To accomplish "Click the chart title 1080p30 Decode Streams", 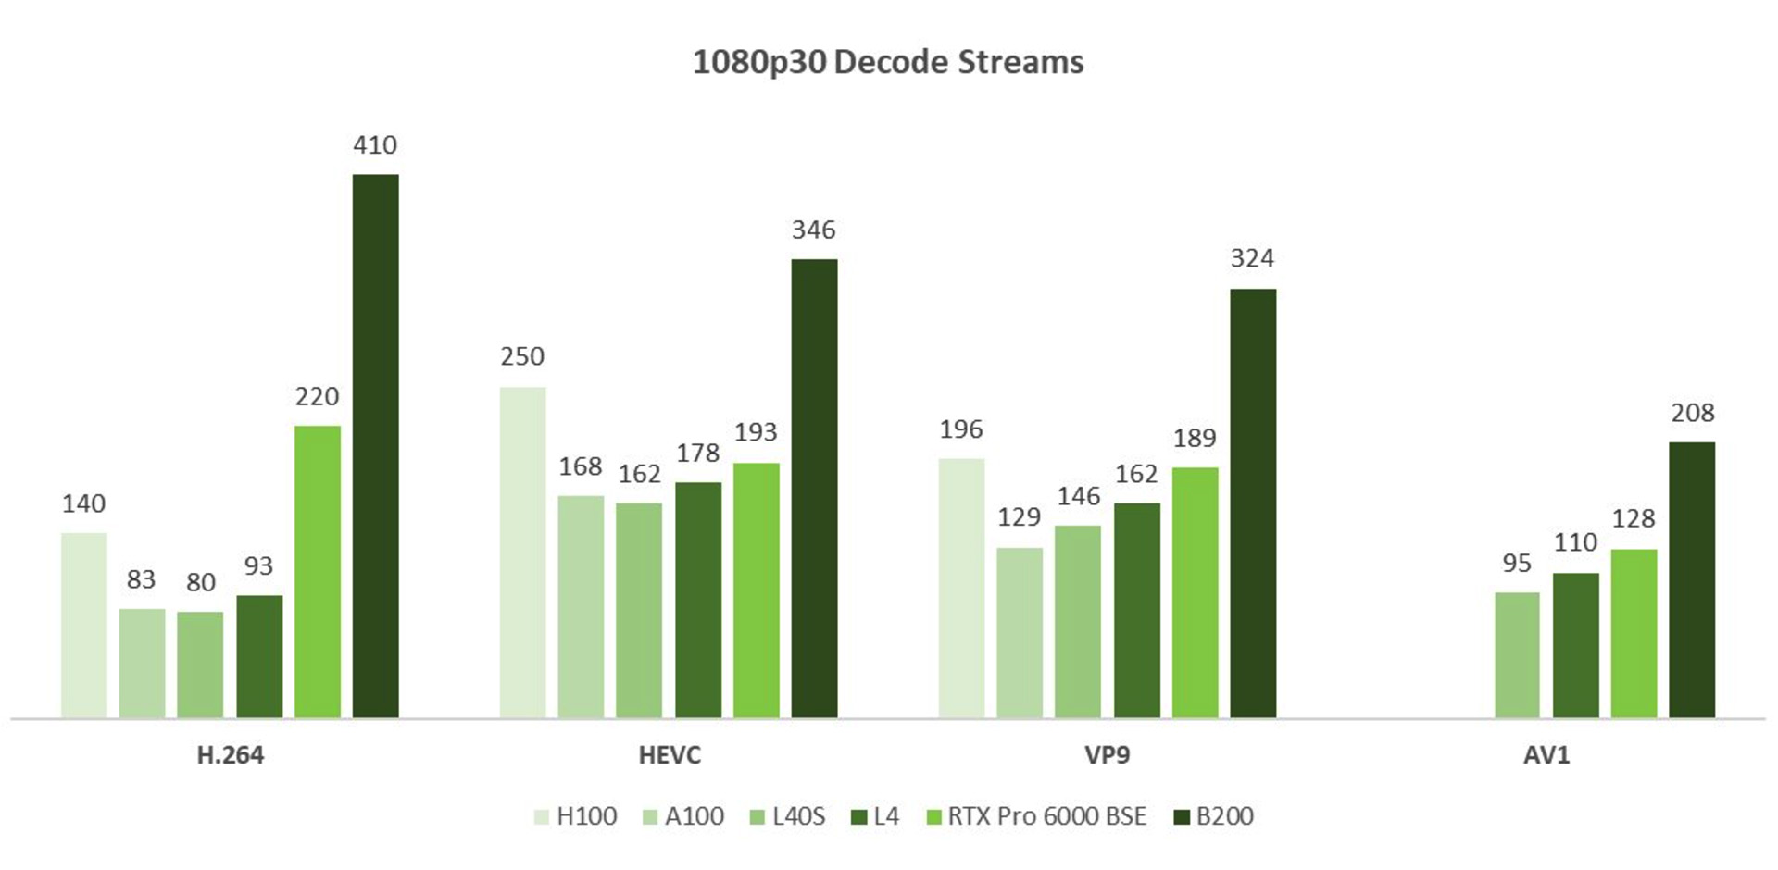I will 888,62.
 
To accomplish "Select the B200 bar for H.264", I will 375,445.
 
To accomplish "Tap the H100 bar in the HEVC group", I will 522,552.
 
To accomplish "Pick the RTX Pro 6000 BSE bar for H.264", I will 317,571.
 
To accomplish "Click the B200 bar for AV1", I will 1692,579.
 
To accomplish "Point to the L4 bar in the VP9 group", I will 1136,610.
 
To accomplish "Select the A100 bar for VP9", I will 1020,632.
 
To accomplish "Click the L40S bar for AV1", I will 1517,654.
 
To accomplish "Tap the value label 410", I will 375,145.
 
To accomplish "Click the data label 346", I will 813,230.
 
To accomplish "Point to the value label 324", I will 1252,258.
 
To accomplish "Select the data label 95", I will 1517,563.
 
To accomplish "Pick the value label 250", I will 522,356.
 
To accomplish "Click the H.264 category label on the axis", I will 231,755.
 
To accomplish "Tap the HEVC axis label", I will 670,755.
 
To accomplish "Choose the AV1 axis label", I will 1546,755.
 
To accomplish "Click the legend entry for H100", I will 576,816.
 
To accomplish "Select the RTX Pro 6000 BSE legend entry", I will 1036,816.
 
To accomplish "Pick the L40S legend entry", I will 787,816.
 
